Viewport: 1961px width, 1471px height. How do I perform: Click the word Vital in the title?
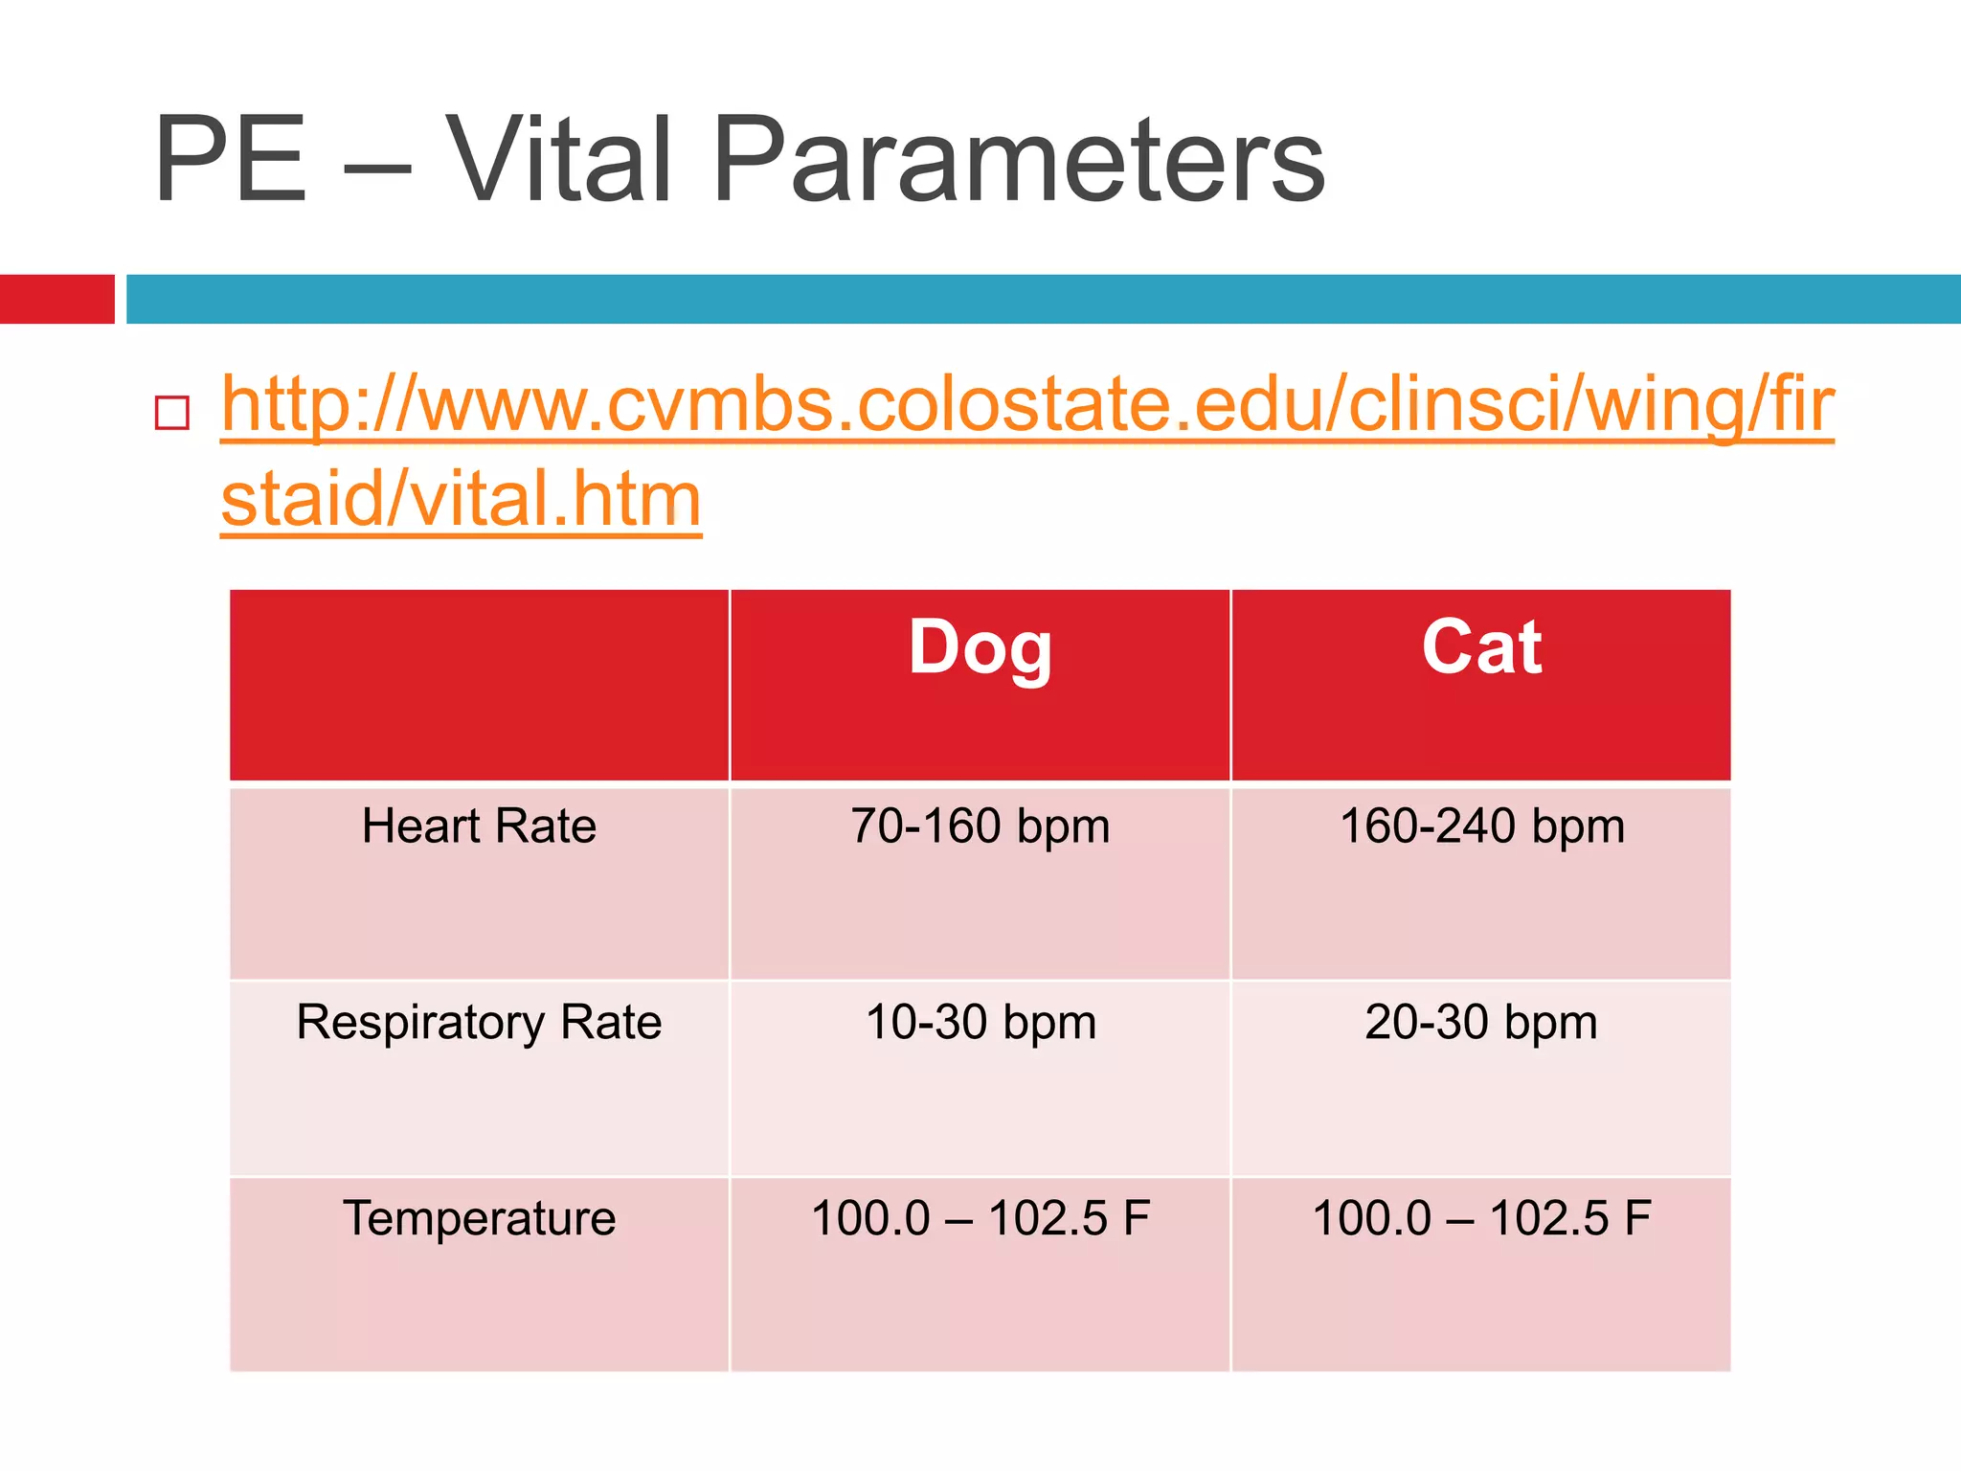(559, 160)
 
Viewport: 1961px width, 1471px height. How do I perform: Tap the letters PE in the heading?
(230, 160)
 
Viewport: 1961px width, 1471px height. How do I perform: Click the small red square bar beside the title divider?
(56, 299)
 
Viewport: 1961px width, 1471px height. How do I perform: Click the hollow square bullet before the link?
(172, 413)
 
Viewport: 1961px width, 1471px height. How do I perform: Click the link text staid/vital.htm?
(462, 500)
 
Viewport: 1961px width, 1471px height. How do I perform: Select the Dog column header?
(980, 648)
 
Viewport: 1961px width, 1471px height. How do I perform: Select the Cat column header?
(1480, 648)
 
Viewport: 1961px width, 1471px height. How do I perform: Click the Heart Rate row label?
(479, 826)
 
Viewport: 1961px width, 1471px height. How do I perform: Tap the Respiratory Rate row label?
(479, 1023)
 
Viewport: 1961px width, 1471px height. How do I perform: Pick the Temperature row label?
(479, 1219)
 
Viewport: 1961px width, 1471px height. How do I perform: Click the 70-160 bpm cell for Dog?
(980, 826)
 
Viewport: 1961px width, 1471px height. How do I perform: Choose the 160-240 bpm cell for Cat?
(1481, 826)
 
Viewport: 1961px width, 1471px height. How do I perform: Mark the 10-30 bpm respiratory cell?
(980, 1023)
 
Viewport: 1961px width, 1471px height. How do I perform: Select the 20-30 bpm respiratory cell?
(1481, 1023)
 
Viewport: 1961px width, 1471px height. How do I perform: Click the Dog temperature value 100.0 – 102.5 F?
(980, 1219)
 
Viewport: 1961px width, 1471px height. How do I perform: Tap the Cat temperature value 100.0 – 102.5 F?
(1481, 1219)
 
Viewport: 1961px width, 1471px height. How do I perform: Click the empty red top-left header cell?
(479, 685)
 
